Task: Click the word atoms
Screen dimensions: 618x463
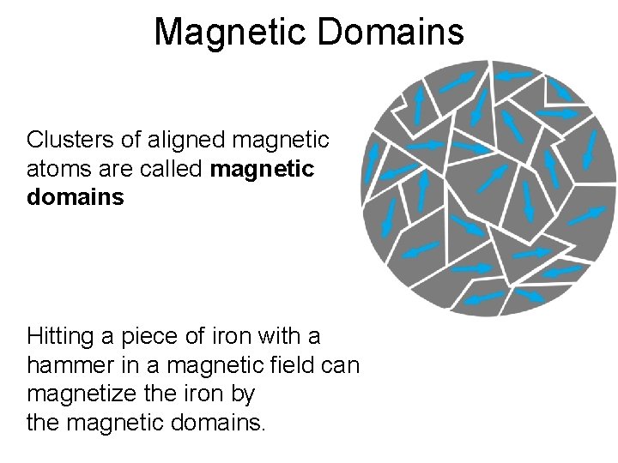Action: click(55, 169)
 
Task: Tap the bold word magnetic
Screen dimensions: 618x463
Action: click(263, 169)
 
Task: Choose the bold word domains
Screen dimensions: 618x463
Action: click(76, 198)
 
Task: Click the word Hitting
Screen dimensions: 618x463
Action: click(59, 334)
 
